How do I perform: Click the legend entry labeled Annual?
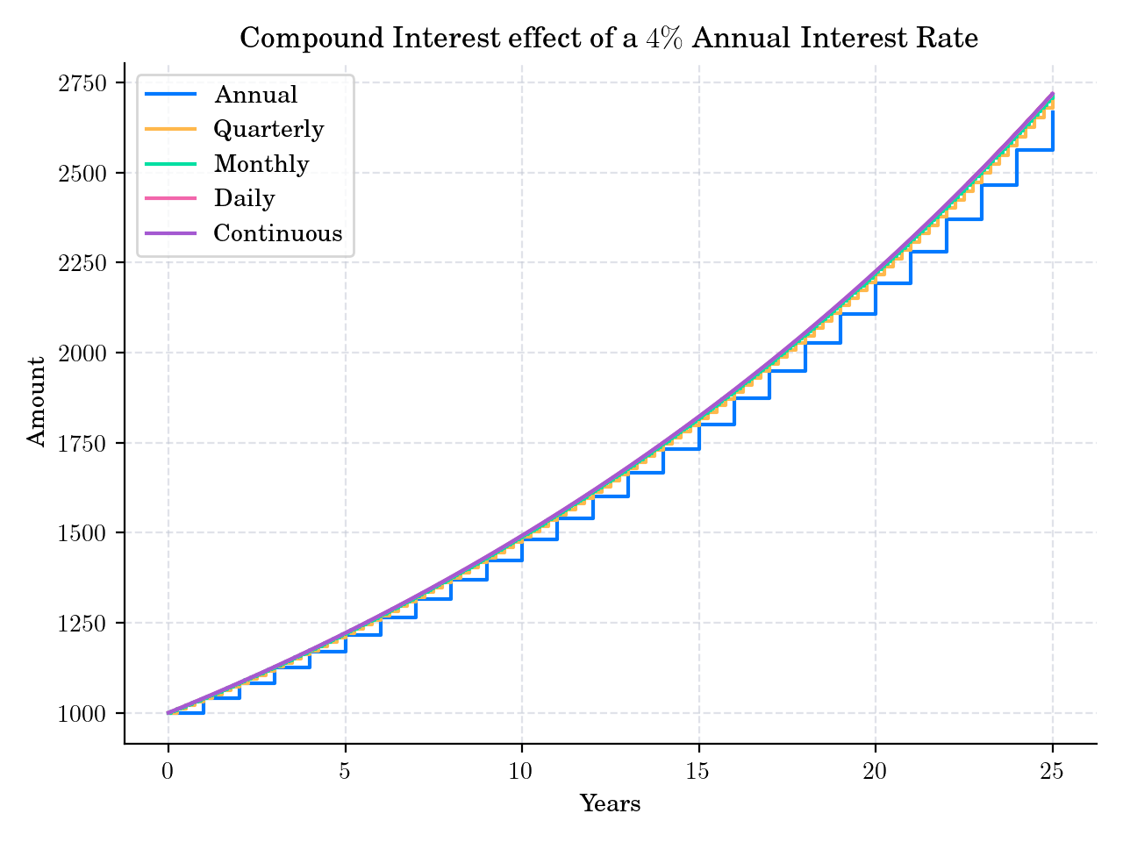point(255,95)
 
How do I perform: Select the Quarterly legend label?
point(268,130)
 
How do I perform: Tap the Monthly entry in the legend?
point(261,164)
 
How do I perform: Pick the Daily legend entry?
point(244,199)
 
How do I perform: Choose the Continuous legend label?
point(277,233)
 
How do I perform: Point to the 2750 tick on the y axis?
point(82,83)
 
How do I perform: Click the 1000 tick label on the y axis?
point(82,714)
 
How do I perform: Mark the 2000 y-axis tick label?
point(82,353)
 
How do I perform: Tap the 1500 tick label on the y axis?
point(82,533)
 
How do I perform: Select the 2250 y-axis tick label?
point(82,263)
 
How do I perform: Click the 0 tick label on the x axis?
point(168,771)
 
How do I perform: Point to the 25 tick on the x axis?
point(1052,771)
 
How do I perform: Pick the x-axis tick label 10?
point(522,771)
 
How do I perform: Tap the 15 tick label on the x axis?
point(698,771)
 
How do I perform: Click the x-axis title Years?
point(610,803)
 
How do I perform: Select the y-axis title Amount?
point(37,402)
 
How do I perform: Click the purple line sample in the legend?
point(170,233)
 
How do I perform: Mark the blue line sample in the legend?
point(170,95)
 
